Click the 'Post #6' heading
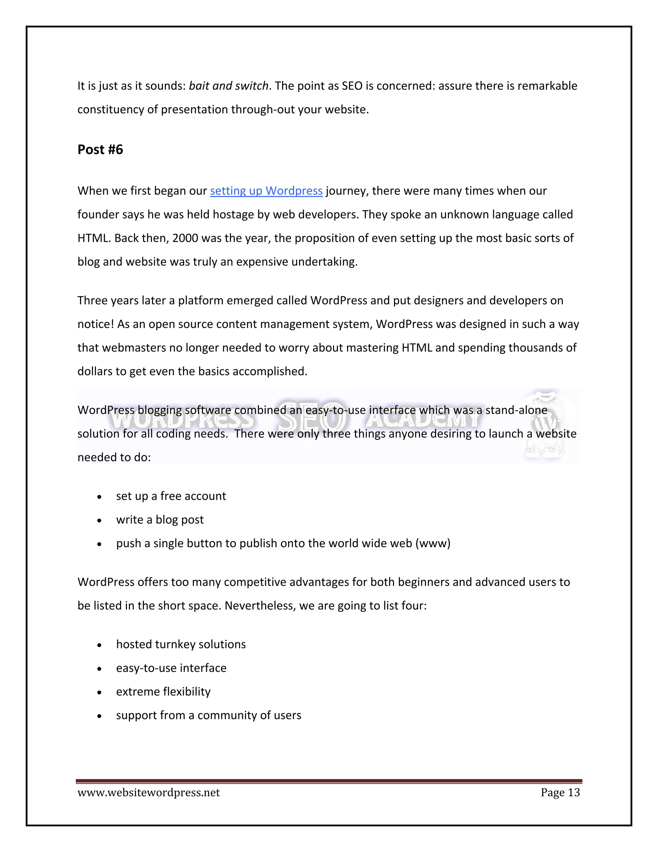coord(100,150)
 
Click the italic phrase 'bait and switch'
coord(228,86)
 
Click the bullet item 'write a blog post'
coord(160,520)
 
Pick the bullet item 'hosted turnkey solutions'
coord(181,644)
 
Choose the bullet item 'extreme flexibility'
coord(163,692)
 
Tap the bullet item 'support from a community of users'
coord(209,715)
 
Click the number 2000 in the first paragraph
coord(185,238)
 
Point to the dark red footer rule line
coord(329,781)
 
